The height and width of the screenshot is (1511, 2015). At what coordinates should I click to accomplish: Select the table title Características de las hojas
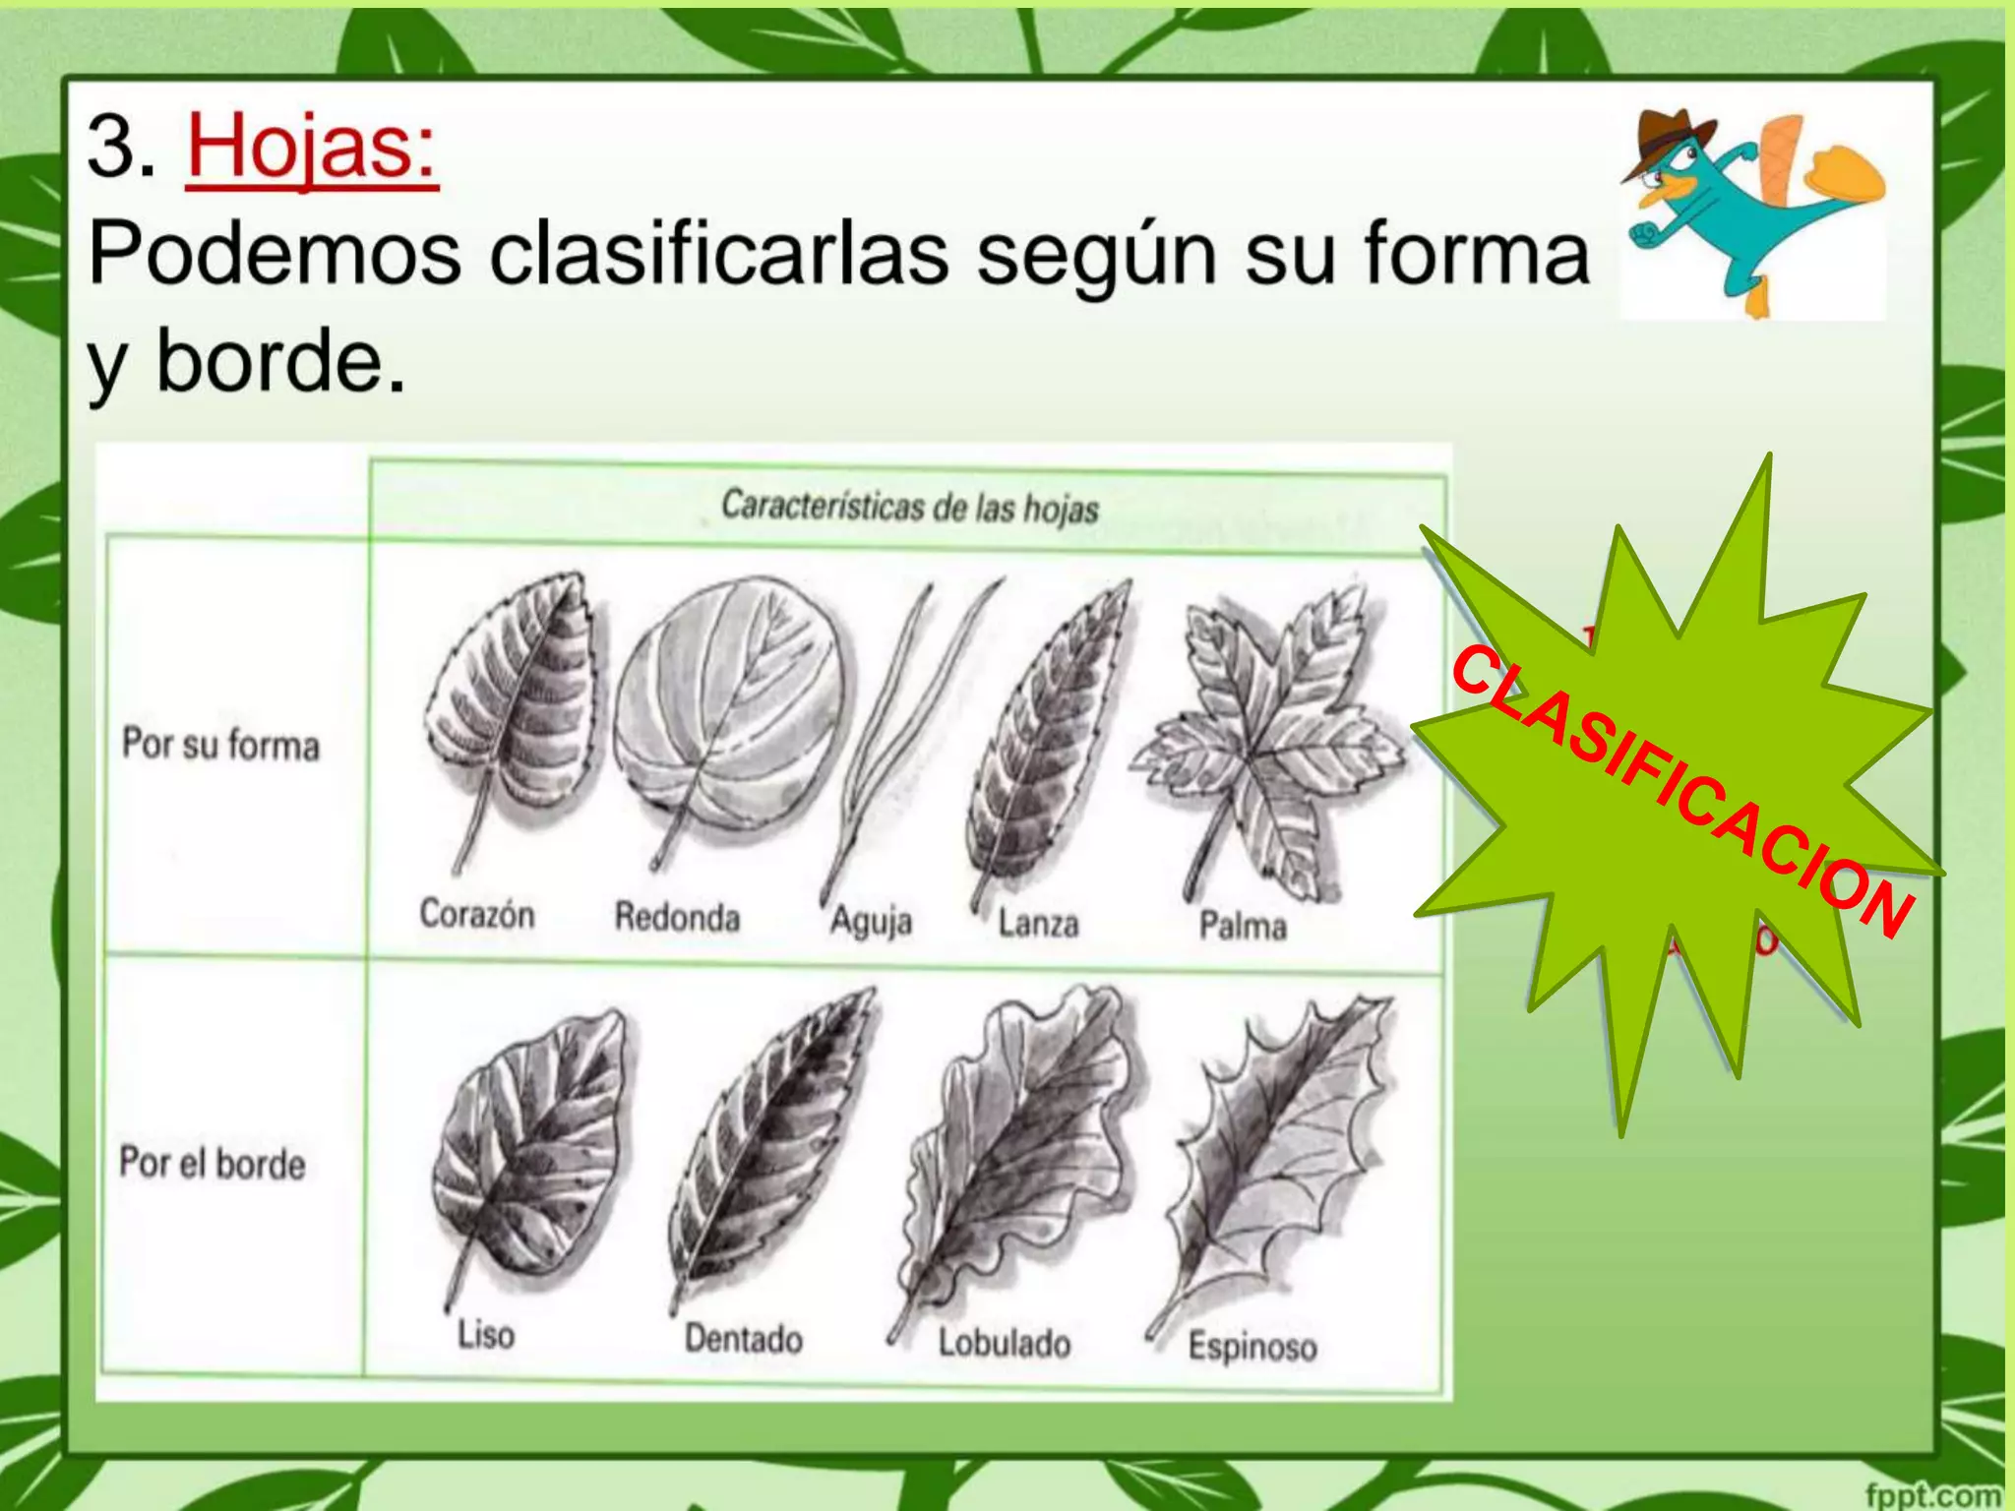pyautogui.click(x=909, y=507)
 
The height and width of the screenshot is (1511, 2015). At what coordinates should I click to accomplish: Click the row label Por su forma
pyautogui.click(x=220, y=745)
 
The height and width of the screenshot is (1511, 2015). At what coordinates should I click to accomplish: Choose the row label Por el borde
pyautogui.click(x=213, y=1164)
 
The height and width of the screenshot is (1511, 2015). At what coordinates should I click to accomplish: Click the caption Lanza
pyautogui.click(x=1038, y=924)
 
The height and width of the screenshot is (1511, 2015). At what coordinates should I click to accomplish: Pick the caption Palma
pyautogui.click(x=1243, y=926)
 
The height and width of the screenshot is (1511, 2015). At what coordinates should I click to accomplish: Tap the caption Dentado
pyautogui.click(x=744, y=1339)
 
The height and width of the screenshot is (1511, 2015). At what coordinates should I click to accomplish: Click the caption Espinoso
pyautogui.click(x=1252, y=1346)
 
